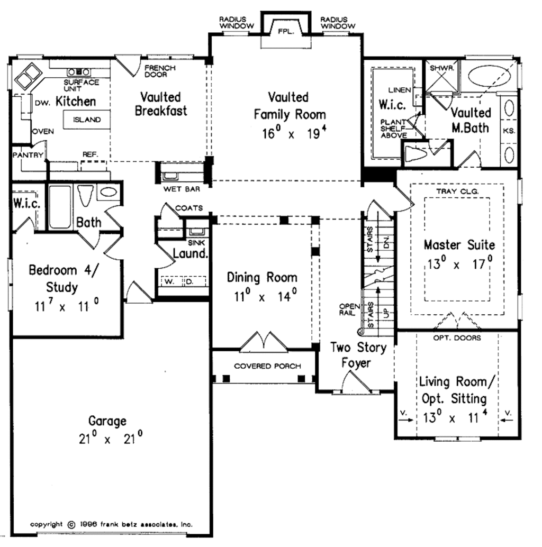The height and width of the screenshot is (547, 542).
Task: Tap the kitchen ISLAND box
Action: pyautogui.click(x=87, y=120)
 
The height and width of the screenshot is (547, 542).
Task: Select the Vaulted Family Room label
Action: pyautogui.click(x=288, y=106)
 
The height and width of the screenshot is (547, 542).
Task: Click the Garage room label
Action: pyautogui.click(x=107, y=421)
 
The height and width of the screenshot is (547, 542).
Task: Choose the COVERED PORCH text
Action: pyautogui.click(x=267, y=366)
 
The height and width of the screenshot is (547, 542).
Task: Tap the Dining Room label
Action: pyautogui.click(x=262, y=277)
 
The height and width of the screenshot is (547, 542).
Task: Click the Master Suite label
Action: pyautogui.click(x=459, y=245)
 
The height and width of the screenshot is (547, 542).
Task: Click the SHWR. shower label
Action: pyautogui.click(x=440, y=68)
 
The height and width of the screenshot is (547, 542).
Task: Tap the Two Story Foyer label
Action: pyautogui.click(x=358, y=355)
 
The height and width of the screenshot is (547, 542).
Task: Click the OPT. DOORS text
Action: pyautogui.click(x=457, y=338)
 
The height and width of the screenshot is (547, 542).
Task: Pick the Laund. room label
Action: pyautogui.click(x=191, y=253)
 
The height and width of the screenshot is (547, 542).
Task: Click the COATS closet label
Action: pyautogui.click(x=189, y=208)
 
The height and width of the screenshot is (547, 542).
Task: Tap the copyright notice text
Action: pyautogui.click(x=111, y=524)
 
